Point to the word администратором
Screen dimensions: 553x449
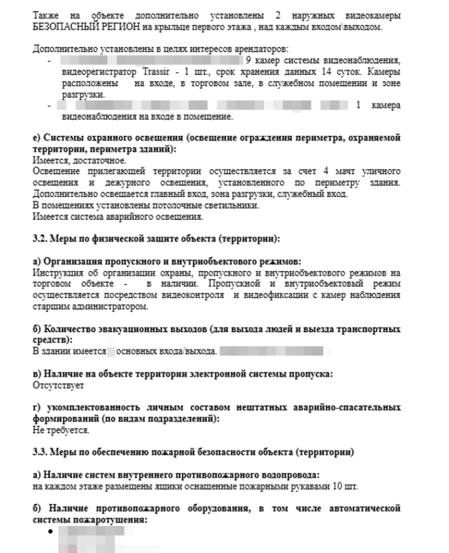tap(114, 307)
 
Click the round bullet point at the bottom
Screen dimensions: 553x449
tap(52, 531)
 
